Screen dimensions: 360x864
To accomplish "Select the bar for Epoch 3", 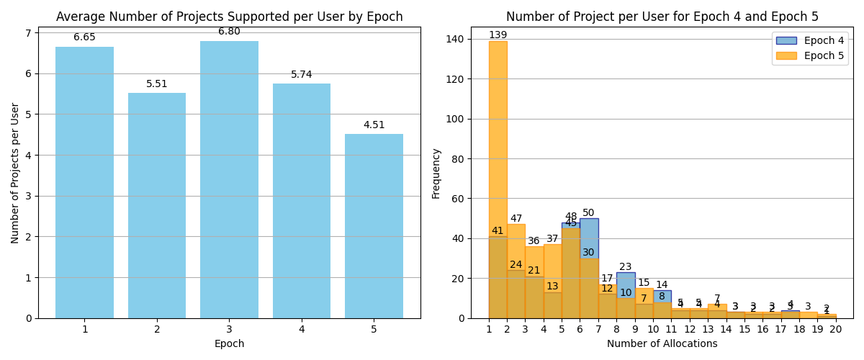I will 229,180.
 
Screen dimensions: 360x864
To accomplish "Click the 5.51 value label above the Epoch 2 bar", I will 156,84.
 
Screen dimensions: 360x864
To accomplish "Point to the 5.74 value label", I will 301,75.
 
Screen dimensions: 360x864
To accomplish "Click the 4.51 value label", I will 374,125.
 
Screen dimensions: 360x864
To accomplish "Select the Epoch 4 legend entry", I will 809,41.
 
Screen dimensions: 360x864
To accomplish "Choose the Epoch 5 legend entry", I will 809,55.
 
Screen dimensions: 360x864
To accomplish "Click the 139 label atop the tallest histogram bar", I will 498,35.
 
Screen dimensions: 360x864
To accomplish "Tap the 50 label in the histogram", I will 588,213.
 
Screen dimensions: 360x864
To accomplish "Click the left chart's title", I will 229,17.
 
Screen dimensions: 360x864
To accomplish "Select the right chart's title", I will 662,17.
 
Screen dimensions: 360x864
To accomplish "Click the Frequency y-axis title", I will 436,173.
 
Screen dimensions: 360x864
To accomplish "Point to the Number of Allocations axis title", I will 662,344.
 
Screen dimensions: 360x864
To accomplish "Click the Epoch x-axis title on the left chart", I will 229,344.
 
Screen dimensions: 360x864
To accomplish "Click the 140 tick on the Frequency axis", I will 456,39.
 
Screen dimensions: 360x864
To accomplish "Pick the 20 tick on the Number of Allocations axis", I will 835,329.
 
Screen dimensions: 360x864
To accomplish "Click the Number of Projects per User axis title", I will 16,173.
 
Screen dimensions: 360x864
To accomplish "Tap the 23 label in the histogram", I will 625,267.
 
